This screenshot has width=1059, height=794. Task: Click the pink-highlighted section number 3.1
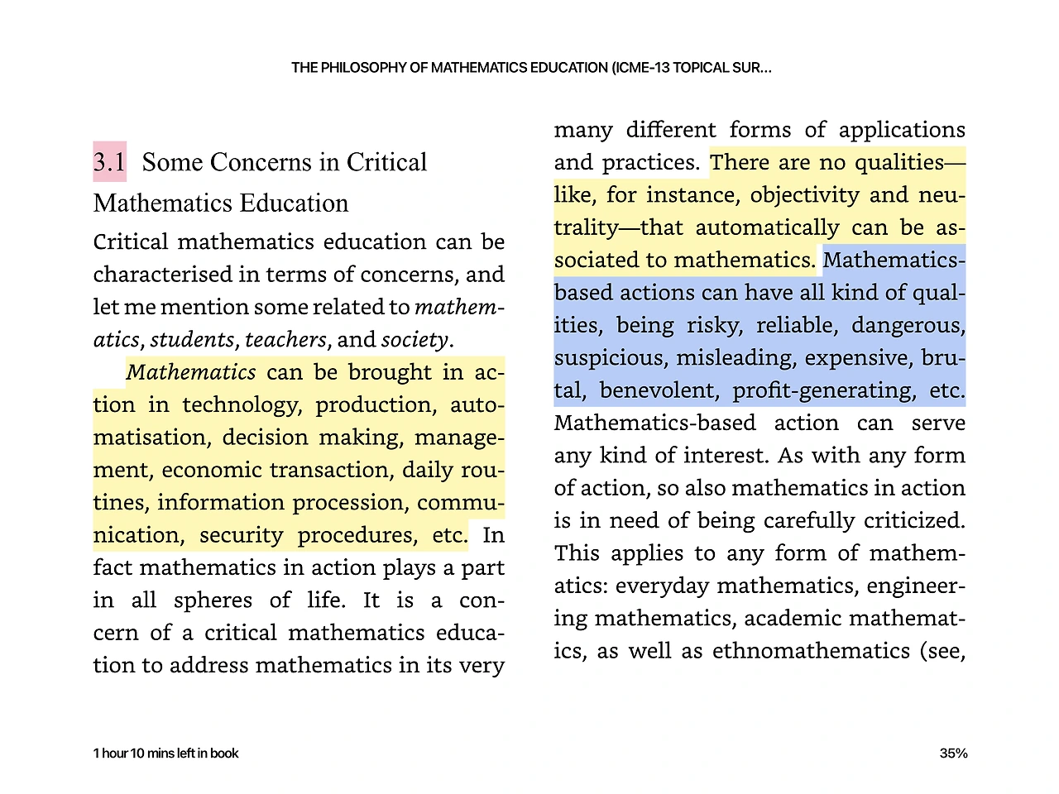point(109,162)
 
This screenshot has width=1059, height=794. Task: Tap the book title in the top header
point(531,68)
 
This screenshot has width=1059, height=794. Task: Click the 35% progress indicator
point(953,753)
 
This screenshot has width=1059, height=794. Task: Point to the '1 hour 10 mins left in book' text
point(165,753)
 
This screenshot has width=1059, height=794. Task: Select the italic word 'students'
point(192,340)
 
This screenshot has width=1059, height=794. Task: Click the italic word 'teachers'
point(285,340)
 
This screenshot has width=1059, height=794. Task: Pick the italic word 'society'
point(414,340)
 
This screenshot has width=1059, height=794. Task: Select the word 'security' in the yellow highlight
point(241,535)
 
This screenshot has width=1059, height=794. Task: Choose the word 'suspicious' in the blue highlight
point(611,358)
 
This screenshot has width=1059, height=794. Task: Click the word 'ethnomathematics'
point(811,651)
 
